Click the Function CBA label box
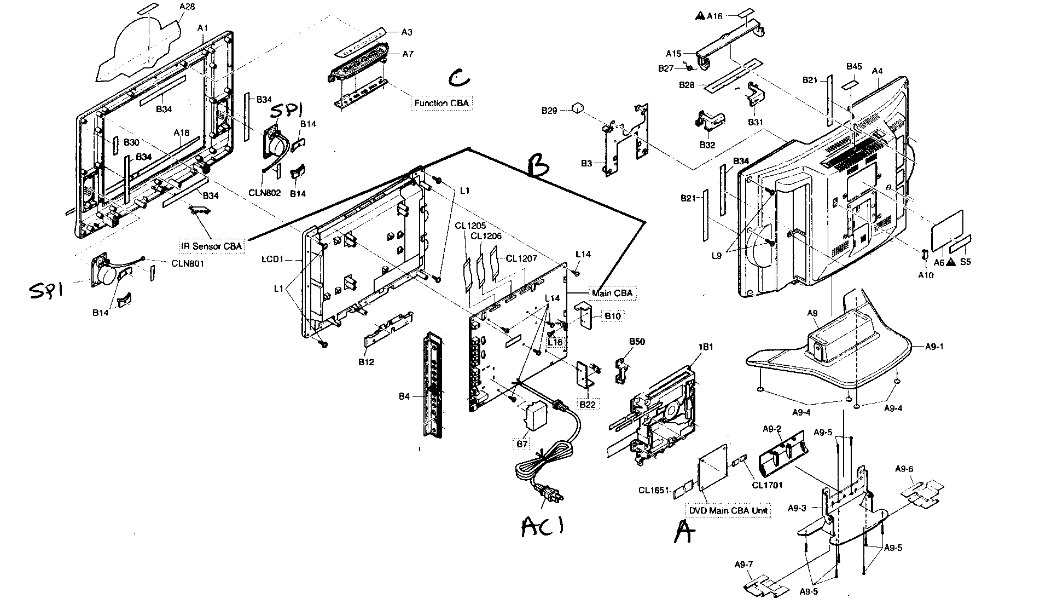coord(440,103)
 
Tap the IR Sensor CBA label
coord(210,246)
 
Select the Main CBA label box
coord(612,293)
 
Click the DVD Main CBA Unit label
coord(728,510)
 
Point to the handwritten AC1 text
coord(542,526)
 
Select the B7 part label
coord(522,444)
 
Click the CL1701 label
coord(767,485)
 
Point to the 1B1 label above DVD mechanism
coord(706,347)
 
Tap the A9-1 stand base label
coord(934,347)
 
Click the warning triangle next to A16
coord(699,16)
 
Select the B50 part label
coord(637,342)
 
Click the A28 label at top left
coord(187,7)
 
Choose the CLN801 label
coord(188,263)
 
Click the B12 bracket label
coord(366,362)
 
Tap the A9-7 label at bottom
coord(743,564)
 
